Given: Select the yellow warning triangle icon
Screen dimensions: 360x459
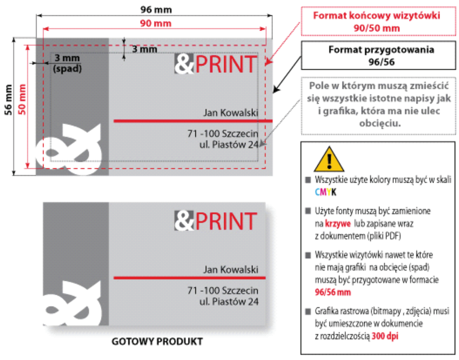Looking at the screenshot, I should tap(329, 159).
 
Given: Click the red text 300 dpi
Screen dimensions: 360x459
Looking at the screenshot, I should tap(385, 336).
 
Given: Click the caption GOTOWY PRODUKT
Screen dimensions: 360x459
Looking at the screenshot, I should tap(157, 342).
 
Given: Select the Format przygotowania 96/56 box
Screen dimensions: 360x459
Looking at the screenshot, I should tap(378, 56).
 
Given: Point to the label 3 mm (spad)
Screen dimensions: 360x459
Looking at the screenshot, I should tap(67, 63).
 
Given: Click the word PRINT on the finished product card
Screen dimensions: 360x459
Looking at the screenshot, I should tap(226, 221).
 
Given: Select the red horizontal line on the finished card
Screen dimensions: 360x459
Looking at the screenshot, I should tap(189, 277).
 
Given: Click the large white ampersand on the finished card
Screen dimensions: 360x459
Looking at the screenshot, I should tap(74, 306).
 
